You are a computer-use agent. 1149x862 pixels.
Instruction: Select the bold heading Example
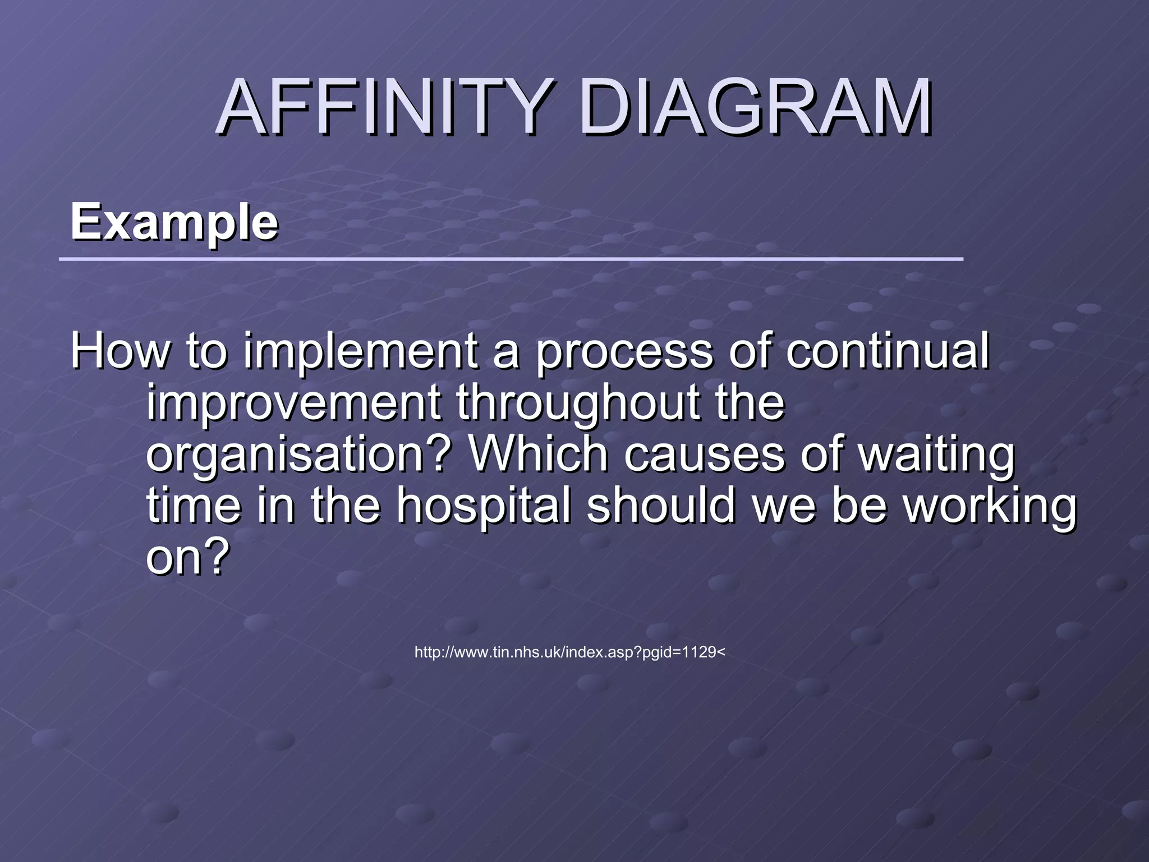tap(174, 222)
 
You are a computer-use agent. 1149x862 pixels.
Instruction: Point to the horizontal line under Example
tap(511, 259)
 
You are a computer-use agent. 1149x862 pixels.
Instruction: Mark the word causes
tap(704, 455)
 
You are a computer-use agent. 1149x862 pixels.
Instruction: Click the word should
tap(660, 505)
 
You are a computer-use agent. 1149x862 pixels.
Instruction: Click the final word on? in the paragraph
tap(188, 557)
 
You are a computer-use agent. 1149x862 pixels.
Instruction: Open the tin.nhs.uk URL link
tap(569, 652)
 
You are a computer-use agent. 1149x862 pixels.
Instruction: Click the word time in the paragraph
tap(194, 505)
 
